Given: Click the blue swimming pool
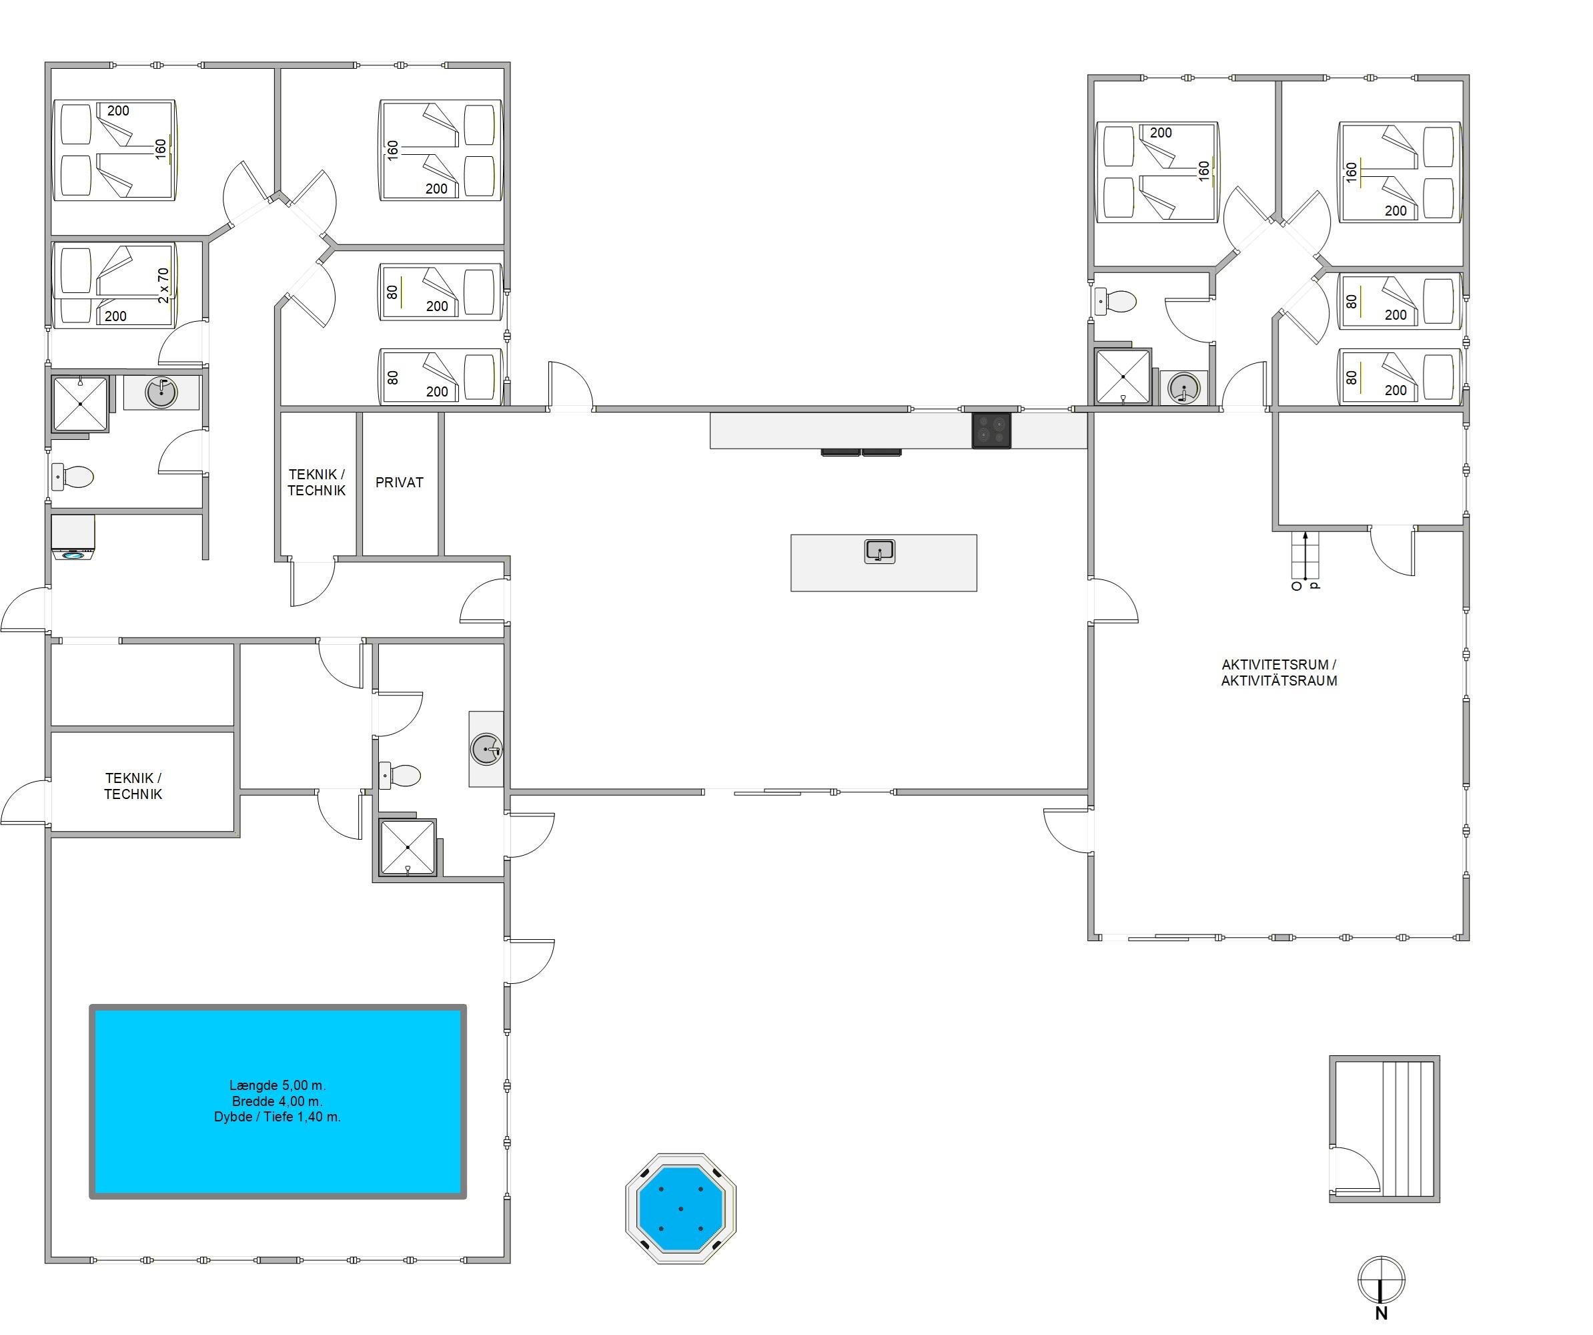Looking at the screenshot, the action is (278, 1101).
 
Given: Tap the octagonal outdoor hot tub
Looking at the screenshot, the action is (680, 1208).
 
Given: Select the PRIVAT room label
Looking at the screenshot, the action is (399, 482).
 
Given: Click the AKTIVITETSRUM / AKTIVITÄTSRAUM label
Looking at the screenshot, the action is (1279, 672).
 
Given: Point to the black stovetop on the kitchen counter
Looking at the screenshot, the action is (991, 431).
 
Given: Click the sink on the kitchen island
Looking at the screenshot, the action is (880, 551).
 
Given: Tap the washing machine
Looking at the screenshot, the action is (73, 537).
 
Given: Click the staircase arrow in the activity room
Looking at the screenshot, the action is (1305, 555).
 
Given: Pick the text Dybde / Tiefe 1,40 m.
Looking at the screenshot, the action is (277, 1117).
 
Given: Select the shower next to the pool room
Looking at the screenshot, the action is (408, 847).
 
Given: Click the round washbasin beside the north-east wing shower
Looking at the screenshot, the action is (1183, 388).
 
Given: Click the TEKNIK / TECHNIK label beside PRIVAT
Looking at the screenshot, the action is (316, 483).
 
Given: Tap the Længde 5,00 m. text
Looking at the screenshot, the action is (278, 1085).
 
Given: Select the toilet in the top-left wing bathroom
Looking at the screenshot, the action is (72, 477).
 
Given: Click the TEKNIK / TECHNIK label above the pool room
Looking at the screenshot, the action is (133, 786).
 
